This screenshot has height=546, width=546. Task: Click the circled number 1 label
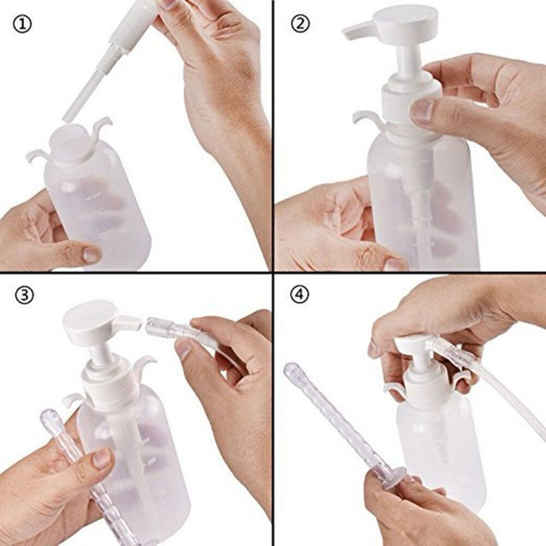pyautogui.click(x=23, y=24)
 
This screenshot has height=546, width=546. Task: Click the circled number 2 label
pyautogui.click(x=299, y=24)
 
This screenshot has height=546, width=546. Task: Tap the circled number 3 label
pyautogui.click(x=23, y=296)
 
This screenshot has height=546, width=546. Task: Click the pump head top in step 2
pyautogui.click(x=404, y=19)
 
